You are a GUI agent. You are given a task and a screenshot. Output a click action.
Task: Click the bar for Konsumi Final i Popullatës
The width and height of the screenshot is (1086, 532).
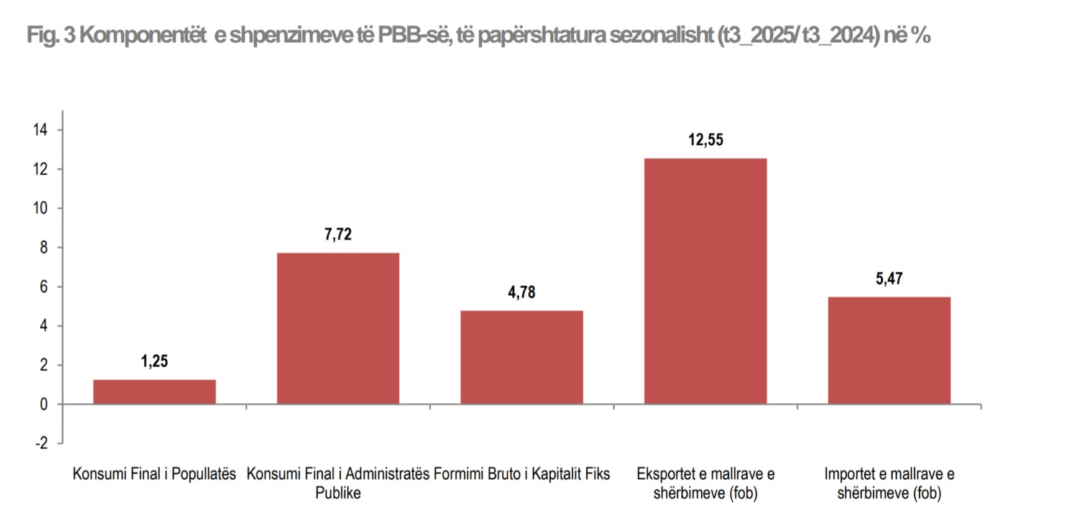(x=154, y=392)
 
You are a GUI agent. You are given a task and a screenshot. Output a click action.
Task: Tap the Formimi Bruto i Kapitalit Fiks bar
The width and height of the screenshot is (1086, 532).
(x=522, y=357)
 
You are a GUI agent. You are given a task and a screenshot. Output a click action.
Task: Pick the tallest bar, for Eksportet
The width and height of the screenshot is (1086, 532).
(x=706, y=281)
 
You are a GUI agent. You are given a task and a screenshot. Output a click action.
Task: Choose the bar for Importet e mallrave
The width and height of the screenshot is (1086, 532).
(x=889, y=351)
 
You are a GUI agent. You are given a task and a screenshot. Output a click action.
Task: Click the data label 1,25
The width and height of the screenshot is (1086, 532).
(x=154, y=361)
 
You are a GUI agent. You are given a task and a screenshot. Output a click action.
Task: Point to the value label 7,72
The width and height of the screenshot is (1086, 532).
(x=338, y=234)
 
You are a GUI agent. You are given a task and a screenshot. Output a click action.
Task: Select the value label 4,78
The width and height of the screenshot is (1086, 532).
(x=522, y=292)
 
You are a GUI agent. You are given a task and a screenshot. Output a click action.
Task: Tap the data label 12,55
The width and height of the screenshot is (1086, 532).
(x=706, y=140)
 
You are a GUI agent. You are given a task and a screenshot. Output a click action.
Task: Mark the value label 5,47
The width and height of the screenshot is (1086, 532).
(x=889, y=278)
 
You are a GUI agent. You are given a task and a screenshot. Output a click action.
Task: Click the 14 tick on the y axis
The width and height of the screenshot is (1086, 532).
(x=40, y=130)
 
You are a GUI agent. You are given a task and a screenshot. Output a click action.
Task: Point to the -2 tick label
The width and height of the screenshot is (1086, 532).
(x=41, y=443)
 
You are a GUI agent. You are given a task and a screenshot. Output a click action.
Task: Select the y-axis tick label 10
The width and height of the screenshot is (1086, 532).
(x=40, y=208)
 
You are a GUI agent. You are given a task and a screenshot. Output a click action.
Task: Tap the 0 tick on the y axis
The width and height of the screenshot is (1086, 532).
(x=44, y=404)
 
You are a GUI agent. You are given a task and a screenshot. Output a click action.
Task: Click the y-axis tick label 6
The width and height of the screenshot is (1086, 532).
(x=44, y=287)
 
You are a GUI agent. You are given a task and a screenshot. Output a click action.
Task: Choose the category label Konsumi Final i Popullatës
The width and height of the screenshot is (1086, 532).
(x=154, y=474)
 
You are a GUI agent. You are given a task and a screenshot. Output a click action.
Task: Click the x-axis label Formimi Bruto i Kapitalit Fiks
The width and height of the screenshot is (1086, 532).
(x=522, y=474)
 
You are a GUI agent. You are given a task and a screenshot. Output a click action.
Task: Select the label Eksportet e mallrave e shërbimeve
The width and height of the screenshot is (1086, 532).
(x=706, y=484)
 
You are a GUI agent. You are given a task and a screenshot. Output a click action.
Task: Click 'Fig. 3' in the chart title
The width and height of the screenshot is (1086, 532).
(x=50, y=35)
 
